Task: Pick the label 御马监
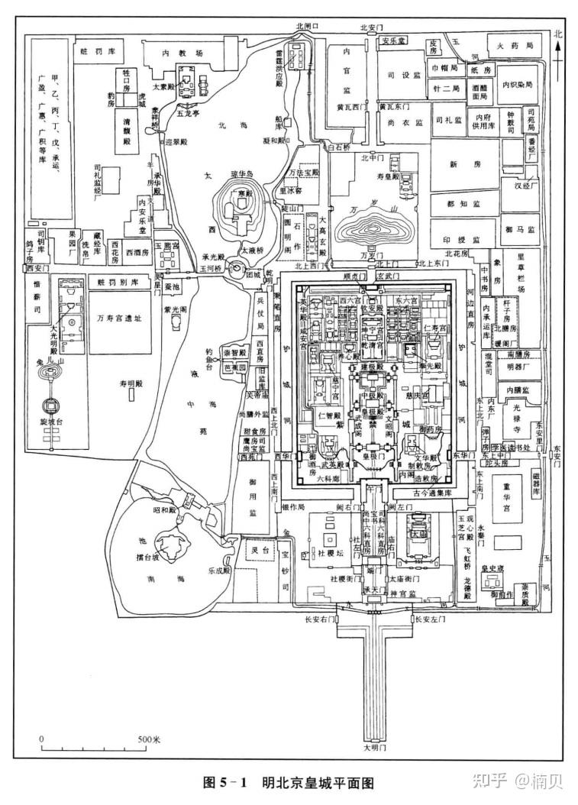tap(519, 228)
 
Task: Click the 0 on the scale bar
tap(43, 740)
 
